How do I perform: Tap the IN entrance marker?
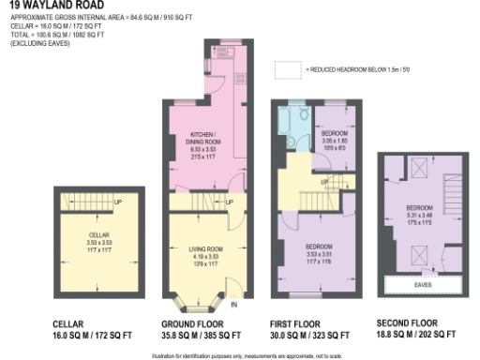(234, 305)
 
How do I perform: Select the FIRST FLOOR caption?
(297, 323)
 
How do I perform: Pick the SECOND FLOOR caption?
(406, 323)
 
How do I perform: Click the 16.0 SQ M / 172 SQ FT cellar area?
(91, 334)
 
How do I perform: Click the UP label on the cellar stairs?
(117, 202)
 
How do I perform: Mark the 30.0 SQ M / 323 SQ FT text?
(309, 334)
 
